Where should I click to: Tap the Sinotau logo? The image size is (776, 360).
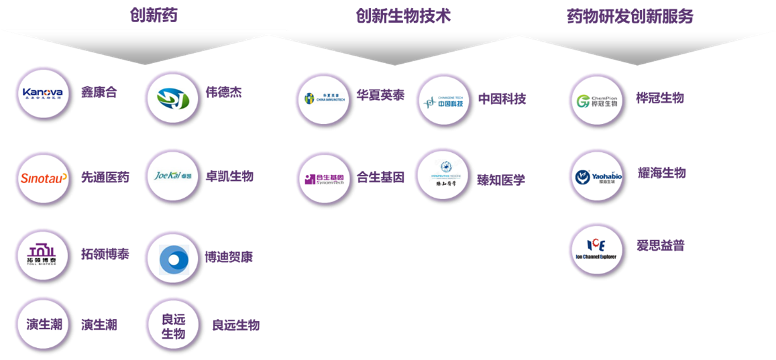pos(43,177)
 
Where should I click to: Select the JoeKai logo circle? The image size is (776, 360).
pos(172,176)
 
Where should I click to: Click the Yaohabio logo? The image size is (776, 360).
pos(597,176)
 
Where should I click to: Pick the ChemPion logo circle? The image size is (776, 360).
pos(597,100)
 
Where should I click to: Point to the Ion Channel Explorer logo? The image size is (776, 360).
pos(597,249)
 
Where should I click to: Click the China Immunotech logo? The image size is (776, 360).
pos(323,99)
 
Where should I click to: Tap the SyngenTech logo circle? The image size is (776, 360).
pos(323,178)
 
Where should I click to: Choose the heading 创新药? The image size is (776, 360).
pos(154,16)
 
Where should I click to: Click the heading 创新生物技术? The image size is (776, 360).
pos(403,16)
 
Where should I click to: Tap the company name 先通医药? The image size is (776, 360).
pos(105,177)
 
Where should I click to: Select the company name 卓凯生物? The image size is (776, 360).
pos(229,176)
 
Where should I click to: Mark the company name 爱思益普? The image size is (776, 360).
pos(660,246)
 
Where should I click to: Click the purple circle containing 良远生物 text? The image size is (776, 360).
pos(172,325)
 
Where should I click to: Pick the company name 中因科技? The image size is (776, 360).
pos(502,99)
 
